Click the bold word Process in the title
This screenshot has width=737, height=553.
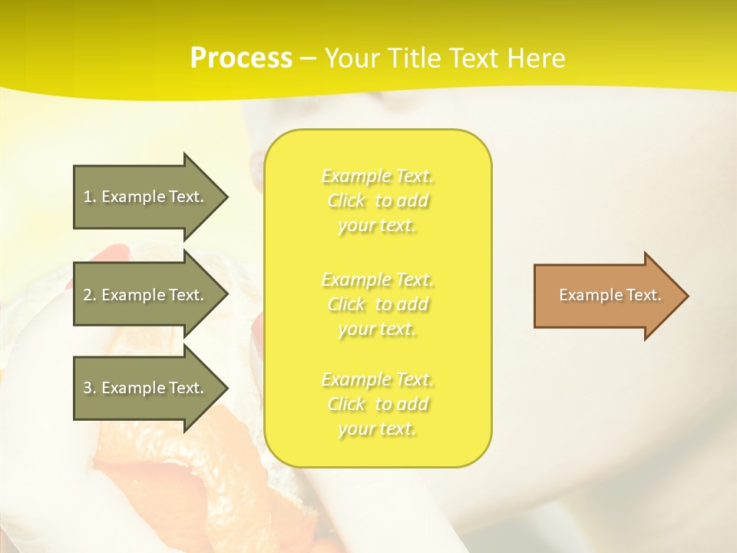(x=241, y=58)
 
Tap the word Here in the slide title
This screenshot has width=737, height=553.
(x=534, y=58)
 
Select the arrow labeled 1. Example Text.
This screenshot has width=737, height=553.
(x=146, y=197)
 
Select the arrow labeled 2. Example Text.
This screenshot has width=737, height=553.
(x=146, y=295)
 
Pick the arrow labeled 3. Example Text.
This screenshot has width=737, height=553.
(x=146, y=388)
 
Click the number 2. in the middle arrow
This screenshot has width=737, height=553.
(x=90, y=295)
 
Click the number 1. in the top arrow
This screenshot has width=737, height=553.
(x=90, y=197)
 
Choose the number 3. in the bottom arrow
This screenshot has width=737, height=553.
(x=90, y=388)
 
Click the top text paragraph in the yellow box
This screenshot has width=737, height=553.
(x=378, y=200)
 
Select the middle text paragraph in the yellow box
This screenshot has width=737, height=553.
(x=378, y=304)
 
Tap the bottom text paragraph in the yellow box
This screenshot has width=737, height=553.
(x=378, y=404)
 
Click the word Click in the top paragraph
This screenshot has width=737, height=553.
(x=346, y=201)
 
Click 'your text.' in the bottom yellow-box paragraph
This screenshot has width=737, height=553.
(x=377, y=429)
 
